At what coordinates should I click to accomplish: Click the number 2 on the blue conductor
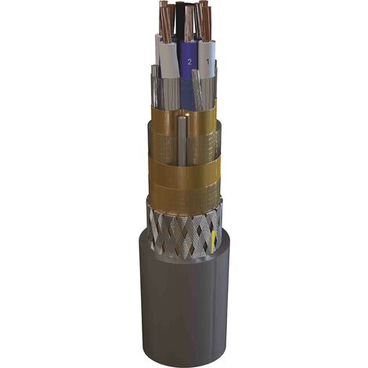189,62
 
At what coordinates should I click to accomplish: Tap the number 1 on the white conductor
207,62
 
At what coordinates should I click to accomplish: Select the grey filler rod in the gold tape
182,141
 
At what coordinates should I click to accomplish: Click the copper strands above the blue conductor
189,23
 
